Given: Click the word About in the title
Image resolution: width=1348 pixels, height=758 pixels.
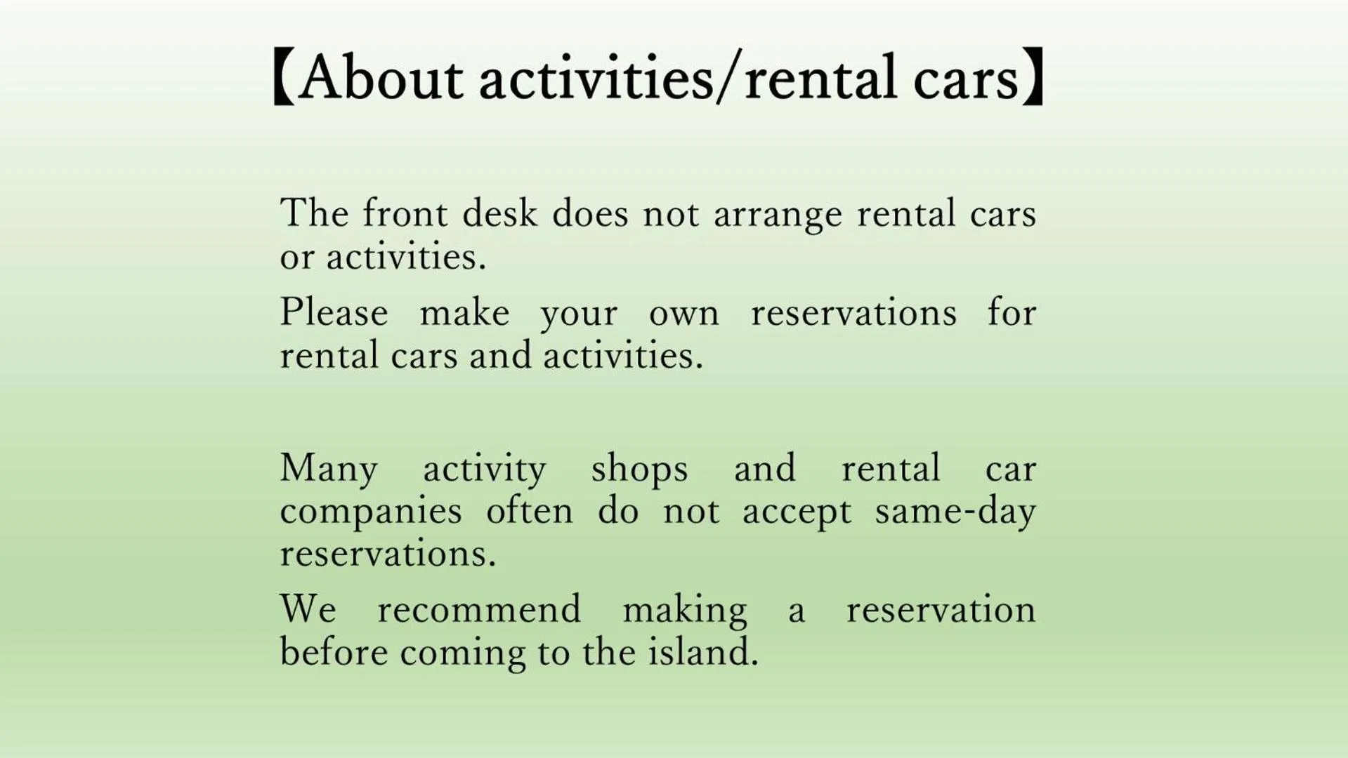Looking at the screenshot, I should pos(380,77).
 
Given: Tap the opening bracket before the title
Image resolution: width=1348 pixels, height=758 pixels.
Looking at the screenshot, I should pos(282,77).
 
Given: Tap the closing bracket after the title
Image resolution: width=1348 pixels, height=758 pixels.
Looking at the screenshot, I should pos(1033,77).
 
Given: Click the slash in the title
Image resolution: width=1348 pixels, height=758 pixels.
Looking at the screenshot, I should pos(728,79).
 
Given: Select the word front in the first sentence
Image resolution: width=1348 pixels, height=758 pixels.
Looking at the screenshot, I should pos(405,213).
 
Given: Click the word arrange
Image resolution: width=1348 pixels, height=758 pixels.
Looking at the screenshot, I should pos(778,215).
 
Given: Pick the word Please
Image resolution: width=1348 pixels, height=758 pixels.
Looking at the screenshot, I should pos(334,312).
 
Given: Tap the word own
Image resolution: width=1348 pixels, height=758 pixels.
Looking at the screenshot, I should pos(683,314).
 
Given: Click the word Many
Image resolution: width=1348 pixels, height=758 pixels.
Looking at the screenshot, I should pos(329,469).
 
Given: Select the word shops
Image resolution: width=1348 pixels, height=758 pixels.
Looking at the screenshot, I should pos(639,469).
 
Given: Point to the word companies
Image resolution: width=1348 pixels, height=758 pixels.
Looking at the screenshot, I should pos(371,512).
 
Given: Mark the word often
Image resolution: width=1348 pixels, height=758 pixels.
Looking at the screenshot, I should pos(530,510).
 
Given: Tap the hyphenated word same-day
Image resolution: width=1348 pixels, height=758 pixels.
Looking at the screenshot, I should pos(955,512).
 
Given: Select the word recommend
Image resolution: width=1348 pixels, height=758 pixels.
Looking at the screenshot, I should pos(479,609).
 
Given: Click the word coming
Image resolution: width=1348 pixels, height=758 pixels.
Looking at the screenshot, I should pos(463,653).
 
